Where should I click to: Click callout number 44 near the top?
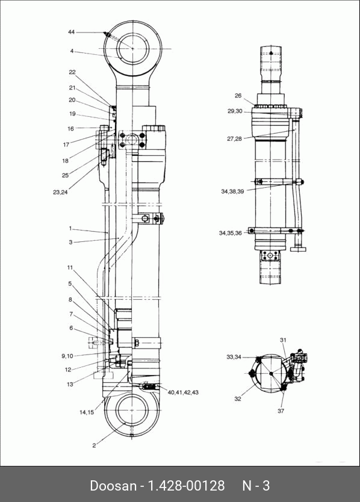point(71,32)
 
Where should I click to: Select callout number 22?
point(72,72)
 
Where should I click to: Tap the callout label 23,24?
point(60,193)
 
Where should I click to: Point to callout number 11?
point(70,268)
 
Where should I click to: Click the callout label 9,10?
point(67,356)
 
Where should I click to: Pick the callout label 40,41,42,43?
point(183,392)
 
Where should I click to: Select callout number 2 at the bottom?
point(94,445)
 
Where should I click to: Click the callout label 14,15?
point(87,412)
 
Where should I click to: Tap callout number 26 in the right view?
point(238,96)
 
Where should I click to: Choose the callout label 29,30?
point(235,111)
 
